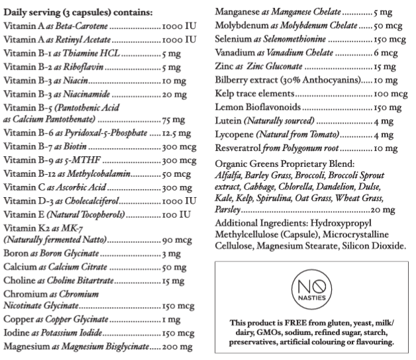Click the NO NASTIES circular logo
(x=311, y=291)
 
